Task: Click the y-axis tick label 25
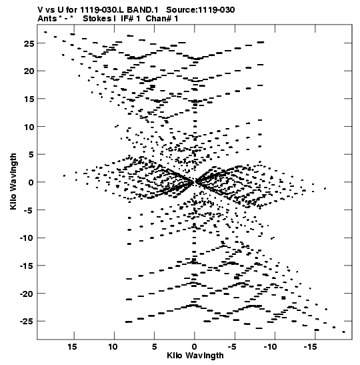[29, 43]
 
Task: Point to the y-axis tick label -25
[27, 322]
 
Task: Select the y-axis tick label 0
[31, 182]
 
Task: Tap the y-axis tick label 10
[29, 127]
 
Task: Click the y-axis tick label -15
[27, 266]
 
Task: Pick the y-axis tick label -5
[29, 210]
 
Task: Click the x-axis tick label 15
[72, 347]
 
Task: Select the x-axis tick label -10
[270, 347]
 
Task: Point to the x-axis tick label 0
[195, 347]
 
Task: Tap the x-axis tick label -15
[310, 347]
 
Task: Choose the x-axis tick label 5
[155, 347]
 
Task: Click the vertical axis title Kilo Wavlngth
[13, 181]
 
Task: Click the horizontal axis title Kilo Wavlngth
[195, 356]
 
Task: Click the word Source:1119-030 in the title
[201, 10]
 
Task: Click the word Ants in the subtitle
[47, 19]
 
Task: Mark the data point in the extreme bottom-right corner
[344, 332]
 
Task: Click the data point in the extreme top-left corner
[45, 32]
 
